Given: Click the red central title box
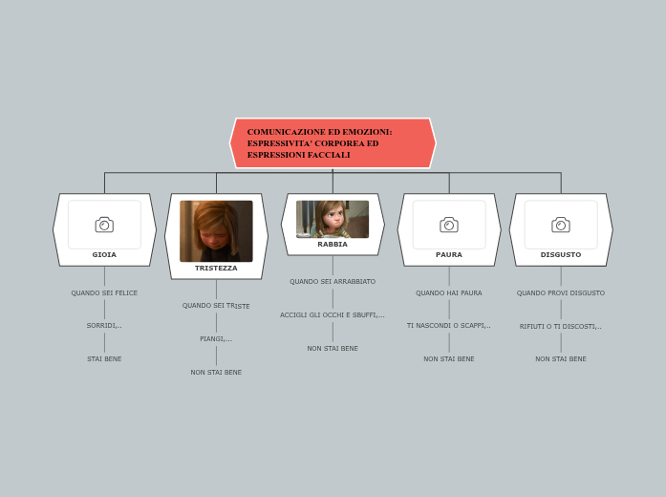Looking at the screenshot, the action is pyautogui.click(x=333, y=143).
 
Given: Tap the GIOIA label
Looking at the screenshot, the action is pyautogui.click(x=104, y=255).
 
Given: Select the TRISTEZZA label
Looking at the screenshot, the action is pyautogui.click(x=216, y=269).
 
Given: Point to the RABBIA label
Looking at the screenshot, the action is pyautogui.click(x=333, y=245).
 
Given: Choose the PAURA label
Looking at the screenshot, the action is pyautogui.click(x=449, y=255).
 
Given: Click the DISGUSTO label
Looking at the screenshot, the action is pyautogui.click(x=561, y=255).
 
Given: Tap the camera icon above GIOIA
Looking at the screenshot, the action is pyautogui.click(x=104, y=225).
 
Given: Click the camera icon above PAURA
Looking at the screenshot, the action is pyautogui.click(x=449, y=225).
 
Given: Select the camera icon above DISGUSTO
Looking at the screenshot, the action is pyautogui.click(x=561, y=225).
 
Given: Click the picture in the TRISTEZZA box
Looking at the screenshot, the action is pyautogui.click(x=216, y=230).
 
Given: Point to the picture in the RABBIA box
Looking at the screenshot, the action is pyautogui.click(x=333, y=219).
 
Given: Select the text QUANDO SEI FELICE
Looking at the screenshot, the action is pyautogui.click(x=104, y=293).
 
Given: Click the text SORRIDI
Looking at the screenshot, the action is pyautogui.click(x=104, y=326).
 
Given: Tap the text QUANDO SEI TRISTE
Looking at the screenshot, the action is pyautogui.click(x=216, y=306).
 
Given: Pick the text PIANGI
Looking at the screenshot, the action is pyautogui.click(x=216, y=339).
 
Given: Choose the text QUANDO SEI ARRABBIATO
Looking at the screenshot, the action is pyautogui.click(x=333, y=282).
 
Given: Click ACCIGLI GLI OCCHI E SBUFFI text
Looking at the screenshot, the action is pyautogui.click(x=333, y=315).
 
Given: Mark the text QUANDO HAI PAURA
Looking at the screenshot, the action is pyautogui.click(x=449, y=293).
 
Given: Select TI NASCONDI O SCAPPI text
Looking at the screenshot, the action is pyautogui.click(x=449, y=326).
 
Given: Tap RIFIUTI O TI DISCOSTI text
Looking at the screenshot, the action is pyautogui.click(x=561, y=327).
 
